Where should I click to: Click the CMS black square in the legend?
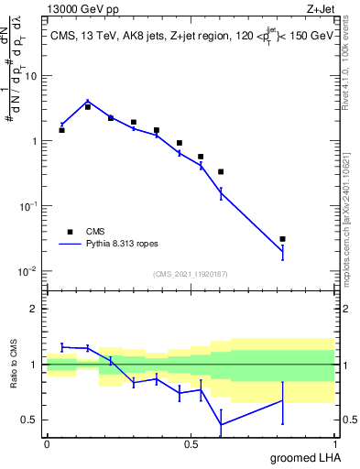tap(69, 232)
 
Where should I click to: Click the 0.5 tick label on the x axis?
tap(191, 442)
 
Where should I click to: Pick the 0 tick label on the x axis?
tap(47, 442)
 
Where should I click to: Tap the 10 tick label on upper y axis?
tap(30, 77)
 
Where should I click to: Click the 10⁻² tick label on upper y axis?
tap(28, 271)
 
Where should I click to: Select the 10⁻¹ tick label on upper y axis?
tap(28, 206)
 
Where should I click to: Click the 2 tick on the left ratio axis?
tap(34, 309)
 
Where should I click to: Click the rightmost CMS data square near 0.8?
tap(282, 239)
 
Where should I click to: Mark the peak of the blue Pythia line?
tap(87, 101)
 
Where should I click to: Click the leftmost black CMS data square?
tap(61, 130)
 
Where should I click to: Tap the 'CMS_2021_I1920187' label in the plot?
tap(190, 274)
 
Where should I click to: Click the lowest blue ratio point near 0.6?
tap(221, 423)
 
